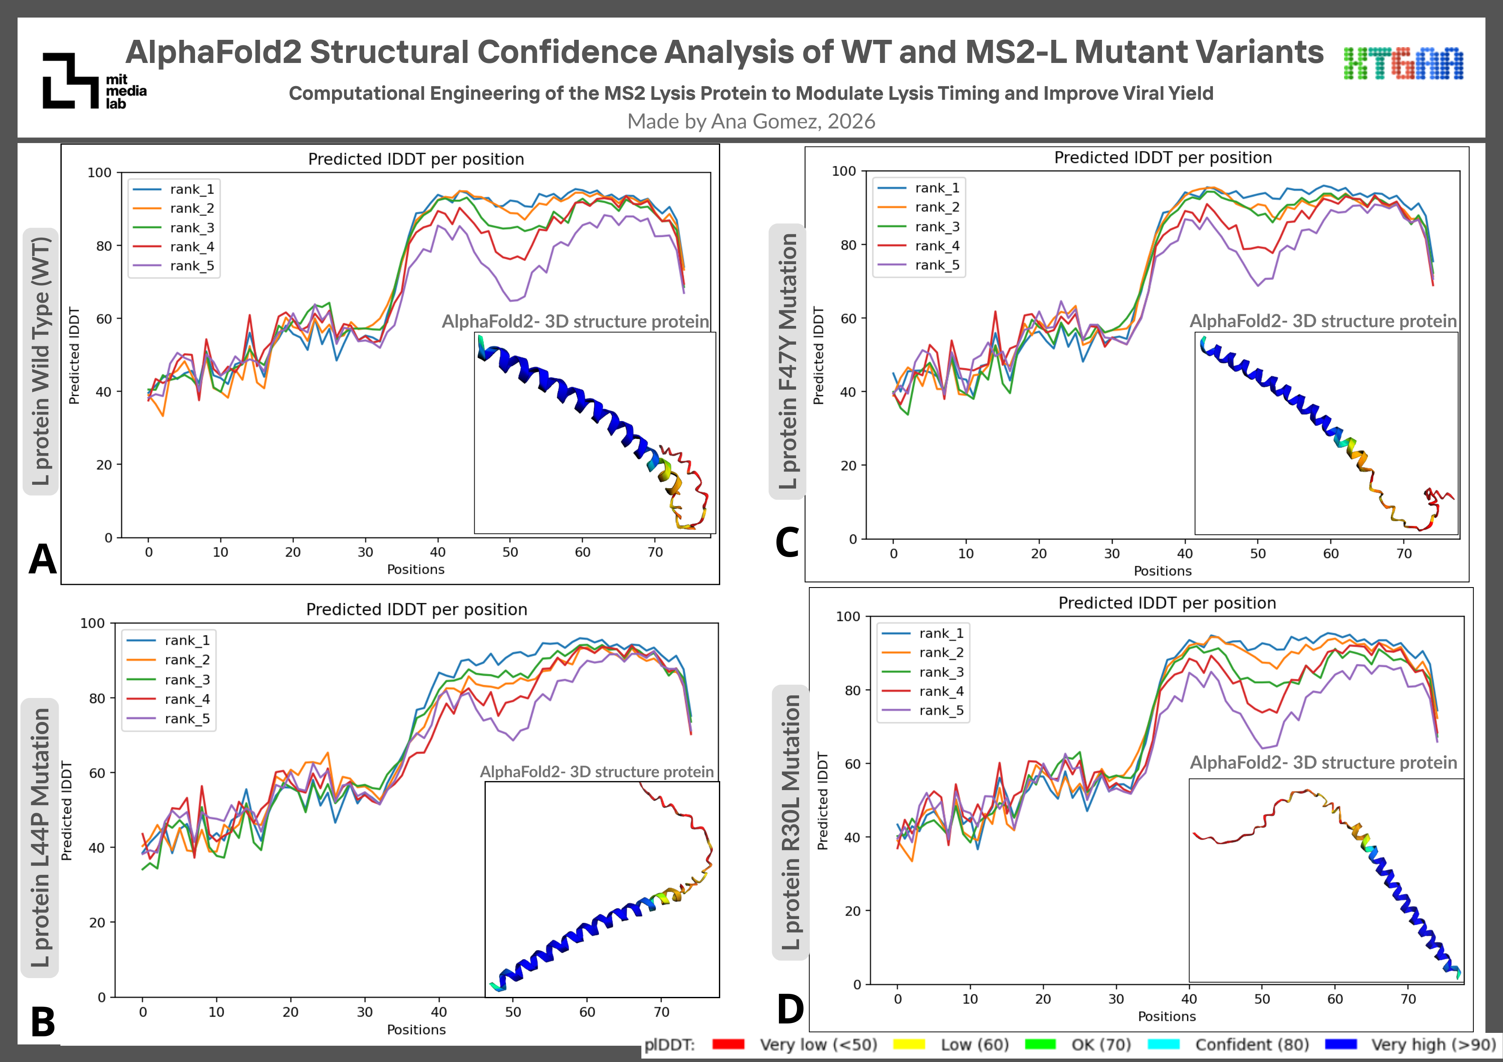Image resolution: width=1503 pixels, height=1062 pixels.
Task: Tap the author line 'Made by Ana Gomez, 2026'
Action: coord(751,121)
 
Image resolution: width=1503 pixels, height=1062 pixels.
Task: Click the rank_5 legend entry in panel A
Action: coord(174,265)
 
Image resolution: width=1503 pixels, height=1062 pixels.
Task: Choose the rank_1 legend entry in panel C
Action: coord(919,188)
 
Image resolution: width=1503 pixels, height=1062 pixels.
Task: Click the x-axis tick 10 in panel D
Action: coord(970,999)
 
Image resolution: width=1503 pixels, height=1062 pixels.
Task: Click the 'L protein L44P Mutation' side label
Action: coord(40,838)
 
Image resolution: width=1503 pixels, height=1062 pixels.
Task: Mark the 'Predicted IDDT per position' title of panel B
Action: coord(416,609)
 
